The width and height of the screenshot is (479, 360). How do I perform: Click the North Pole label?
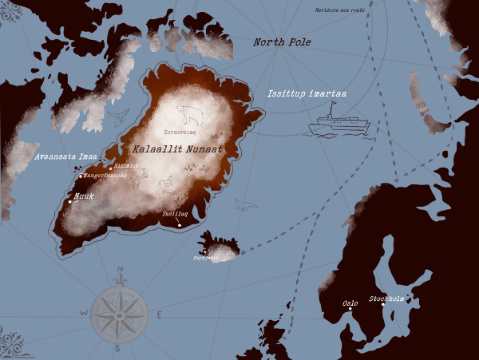point(282,42)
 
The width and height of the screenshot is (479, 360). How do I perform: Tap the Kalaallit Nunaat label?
point(177,148)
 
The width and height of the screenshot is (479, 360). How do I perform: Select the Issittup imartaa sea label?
point(307,94)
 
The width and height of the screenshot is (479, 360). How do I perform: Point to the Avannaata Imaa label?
point(65,156)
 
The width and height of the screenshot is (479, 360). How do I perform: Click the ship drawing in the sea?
point(338,125)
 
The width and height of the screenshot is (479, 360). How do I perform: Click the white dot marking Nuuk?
point(70,202)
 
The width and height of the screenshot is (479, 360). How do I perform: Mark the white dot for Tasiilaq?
point(180,225)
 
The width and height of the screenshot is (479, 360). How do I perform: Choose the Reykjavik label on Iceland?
point(205,258)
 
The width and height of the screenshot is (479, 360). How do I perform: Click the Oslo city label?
point(350,303)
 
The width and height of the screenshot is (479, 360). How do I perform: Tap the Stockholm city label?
point(387,299)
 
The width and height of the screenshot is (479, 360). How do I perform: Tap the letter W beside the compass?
point(82,314)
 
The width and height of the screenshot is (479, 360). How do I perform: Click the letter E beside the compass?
point(158,315)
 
